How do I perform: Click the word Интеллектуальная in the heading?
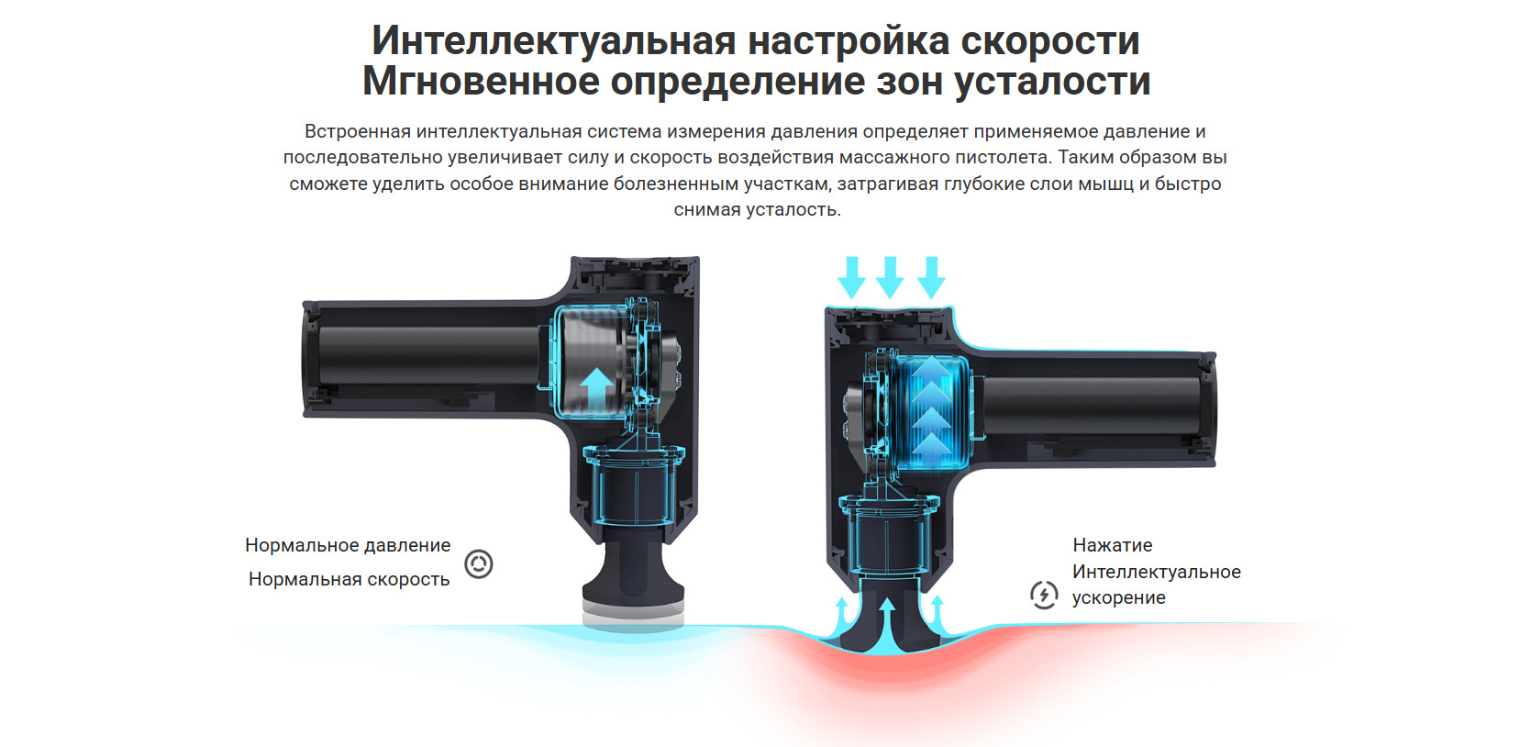(x=554, y=41)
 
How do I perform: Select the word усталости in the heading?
(x=1052, y=83)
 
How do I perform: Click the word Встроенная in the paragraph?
(x=358, y=131)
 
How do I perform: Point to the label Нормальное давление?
(x=348, y=545)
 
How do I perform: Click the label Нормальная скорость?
(x=349, y=579)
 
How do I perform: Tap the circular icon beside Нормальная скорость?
(x=479, y=564)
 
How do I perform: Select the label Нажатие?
(x=1113, y=545)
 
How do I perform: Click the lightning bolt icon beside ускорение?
(x=1044, y=596)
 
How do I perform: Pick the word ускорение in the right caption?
(x=1119, y=597)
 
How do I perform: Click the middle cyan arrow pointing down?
(x=890, y=277)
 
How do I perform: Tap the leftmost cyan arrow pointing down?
(x=851, y=277)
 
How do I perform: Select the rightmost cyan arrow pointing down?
(x=931, y=277)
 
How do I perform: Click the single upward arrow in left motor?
(x=596, y=389)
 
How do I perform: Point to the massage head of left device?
(x=634, y=585)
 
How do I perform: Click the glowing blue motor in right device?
(x=931, y=413)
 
